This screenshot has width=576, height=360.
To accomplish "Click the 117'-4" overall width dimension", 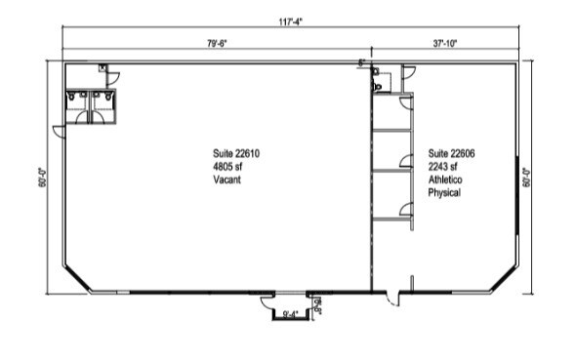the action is pos(290,22).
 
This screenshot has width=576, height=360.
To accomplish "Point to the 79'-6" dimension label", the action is pos(217,44).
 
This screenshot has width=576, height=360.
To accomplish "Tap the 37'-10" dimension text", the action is pos(444,44).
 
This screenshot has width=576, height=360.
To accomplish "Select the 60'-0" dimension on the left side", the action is pos(42,178).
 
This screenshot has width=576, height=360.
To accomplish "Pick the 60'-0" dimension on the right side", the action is pos(527,178).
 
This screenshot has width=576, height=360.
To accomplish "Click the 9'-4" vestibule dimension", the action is pos(291,314).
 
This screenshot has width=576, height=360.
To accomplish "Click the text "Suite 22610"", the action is pos(236,153).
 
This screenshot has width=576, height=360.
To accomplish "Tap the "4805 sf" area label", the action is pos(227,167).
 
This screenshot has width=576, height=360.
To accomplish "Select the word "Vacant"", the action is pos(227,180).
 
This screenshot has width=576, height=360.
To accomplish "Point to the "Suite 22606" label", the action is pos(451,153).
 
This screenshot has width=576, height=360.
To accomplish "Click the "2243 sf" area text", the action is pos(442,167).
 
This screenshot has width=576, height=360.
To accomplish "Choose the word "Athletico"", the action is pos(445,180).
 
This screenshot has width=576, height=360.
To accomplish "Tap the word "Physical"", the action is pos(444,192).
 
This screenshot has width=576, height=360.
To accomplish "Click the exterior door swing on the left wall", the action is pos(58,132).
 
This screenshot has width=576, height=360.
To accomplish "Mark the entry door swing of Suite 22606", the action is pos(391,300).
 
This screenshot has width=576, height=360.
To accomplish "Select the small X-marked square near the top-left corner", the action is pos(103,67).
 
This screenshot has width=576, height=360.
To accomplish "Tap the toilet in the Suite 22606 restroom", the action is pos(378,87).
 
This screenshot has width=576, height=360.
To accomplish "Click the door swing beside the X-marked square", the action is pos(113,78).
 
